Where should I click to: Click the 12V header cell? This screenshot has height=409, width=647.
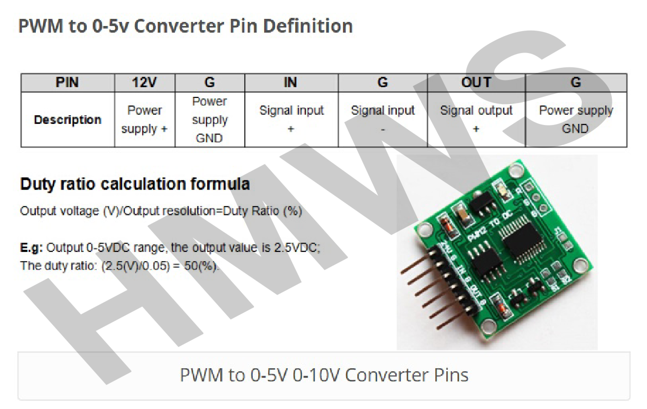[144, 83]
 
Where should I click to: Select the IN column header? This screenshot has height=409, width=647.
[291, 83]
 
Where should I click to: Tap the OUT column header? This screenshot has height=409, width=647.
[476, 83]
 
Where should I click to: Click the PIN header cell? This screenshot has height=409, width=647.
[67, 83]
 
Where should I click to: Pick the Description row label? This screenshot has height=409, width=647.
[67, 120]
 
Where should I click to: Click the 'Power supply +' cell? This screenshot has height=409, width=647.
[144, 120]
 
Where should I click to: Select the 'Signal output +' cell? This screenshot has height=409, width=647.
[476, 120]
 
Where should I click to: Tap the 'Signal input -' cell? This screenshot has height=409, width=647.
[382, 120]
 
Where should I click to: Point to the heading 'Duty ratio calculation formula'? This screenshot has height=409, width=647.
[135, 184]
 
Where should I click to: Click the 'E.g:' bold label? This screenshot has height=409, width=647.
[32, 248]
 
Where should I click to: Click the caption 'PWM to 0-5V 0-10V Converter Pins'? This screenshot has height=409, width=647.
[324, 375]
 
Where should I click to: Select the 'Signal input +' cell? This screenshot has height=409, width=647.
[291, 120]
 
